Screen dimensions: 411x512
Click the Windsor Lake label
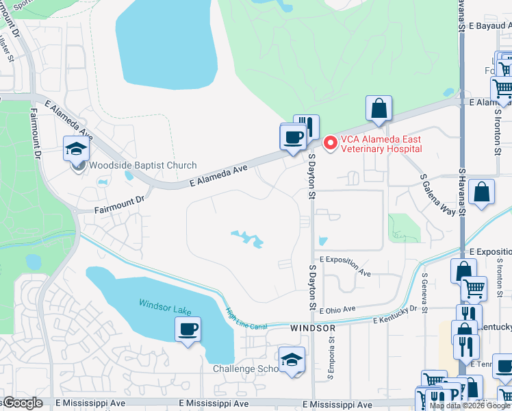tap(165, 306)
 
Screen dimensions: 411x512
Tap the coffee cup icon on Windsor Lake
tap(188, 329)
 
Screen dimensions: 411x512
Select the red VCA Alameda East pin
tap(330, 142)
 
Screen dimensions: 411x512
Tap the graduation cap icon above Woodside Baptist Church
tap(77, 148)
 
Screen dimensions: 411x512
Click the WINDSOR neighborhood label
tap(313, 329)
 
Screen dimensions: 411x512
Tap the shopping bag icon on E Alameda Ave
tap(379, 108)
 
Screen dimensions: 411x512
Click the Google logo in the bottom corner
tap(22, 403)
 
